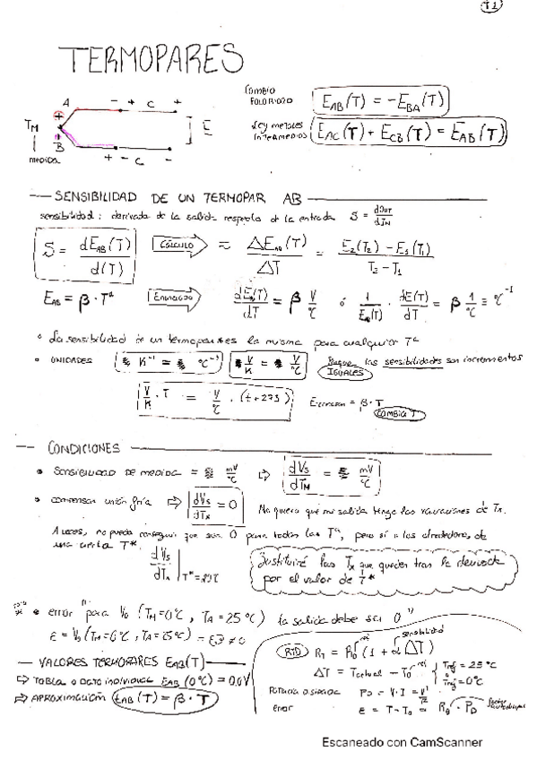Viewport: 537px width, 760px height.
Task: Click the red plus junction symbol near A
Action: pyautogui.click(x=59, y=115)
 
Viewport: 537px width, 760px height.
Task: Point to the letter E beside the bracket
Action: pyautogui.click(x=205, y=128)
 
